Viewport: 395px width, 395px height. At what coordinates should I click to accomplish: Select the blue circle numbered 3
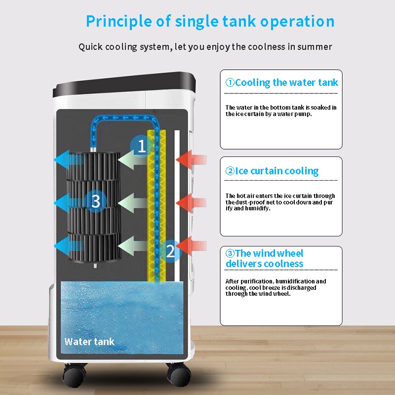point(96,200)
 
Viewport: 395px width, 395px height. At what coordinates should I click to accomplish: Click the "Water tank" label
point(89,341)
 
